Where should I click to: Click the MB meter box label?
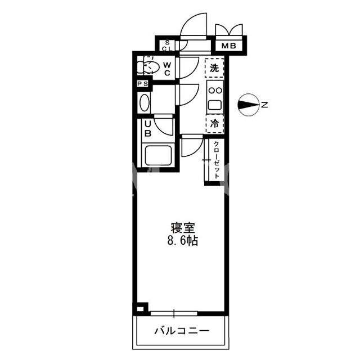pyautogui.click(x=228, y=46)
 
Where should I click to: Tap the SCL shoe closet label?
pyautogui.click(x=167, y=46)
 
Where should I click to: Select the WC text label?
pyautogui.click(x=167, y=69)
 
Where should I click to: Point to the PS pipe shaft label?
pyautogui.click(x=142, y=84)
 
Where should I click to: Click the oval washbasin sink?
pyautogui.click(x=145, y=103)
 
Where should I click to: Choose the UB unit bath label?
pyautogui.click(x=148, y=129)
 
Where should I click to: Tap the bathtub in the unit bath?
pyautogui.click(x=158, y=155)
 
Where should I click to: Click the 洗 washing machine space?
pyautogui.click(x=214, y=68)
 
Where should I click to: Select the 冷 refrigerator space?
pyautogui.click(x=215, y=124)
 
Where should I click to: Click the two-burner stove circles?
pyautogui.click(x=215, y=91)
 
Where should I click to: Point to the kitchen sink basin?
pyautogui.click(x=215, y=105)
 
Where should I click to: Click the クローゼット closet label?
pyautogui.click(x=217, y=160)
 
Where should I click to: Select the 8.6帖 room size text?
pyautogui.click(x=182, y=241)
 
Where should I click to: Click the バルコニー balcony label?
pyautogui.click(x=182, y=331)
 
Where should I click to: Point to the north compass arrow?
pyautogui.click(x=249, y=105)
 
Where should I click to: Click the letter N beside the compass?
pyautogui.click(x=264, y=105)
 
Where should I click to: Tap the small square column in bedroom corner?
pyautogui.click(x=140, y=309)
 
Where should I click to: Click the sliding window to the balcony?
pyautogui.click(x=174, y=313)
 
